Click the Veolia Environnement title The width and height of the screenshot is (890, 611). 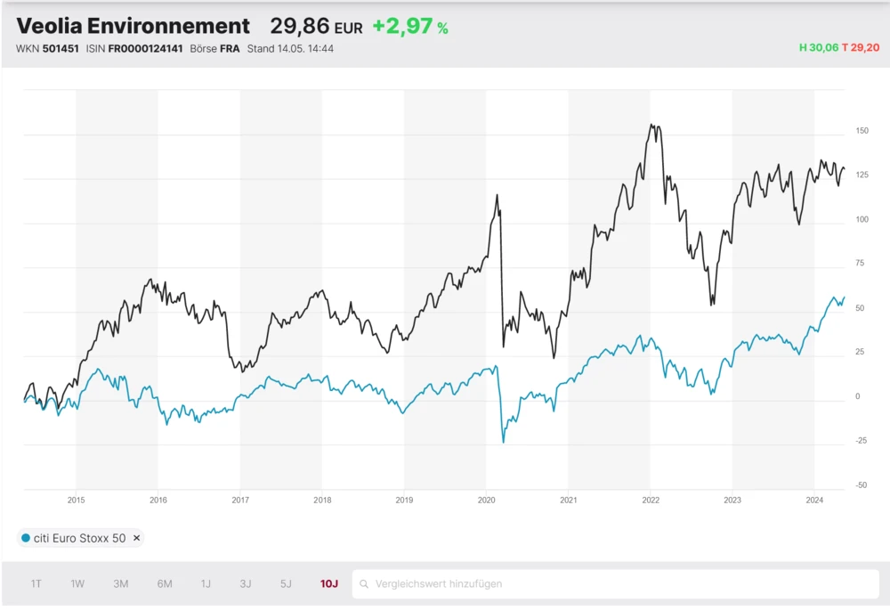(x=133, y=26)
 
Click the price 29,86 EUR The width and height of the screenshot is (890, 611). (x=316, y=27)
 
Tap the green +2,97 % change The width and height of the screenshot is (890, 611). (x=409, y=27)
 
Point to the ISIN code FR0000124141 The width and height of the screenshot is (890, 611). (x=145, y=48)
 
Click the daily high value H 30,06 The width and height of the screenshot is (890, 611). (x=819, y=48)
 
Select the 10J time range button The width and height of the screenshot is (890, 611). (x=329, y=584)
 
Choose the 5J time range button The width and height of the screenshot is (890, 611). (x=286, y=584)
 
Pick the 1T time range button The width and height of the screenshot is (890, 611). (x=36, y=584)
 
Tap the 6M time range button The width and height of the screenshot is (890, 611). (x=165, y=584)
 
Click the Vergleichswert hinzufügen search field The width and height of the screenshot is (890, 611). (x=614, y=584)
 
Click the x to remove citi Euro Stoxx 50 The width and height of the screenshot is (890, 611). (x=136, y=539)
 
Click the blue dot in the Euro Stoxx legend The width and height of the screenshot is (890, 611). (x=26, y=539)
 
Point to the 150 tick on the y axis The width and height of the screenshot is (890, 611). (x=861, y=131)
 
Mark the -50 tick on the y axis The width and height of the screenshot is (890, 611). (x=861, y=485)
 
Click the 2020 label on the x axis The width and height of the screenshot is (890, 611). (x=486, y=501)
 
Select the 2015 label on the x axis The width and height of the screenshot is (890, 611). (x=76, y=501)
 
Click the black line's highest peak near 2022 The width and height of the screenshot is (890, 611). (x=652, y=126)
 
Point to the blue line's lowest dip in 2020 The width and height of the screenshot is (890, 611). (x=503, y=442)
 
